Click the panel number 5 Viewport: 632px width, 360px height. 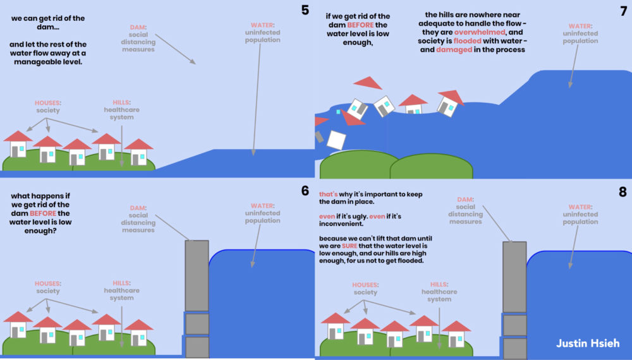pos(306,11)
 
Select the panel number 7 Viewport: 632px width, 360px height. pos(621,11)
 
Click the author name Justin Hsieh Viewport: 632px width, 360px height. pos(588,344)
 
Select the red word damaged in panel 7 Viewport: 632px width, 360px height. pos(454,50)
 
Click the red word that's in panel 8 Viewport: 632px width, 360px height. pos(328,195)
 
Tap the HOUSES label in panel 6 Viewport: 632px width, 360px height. pos(47,284)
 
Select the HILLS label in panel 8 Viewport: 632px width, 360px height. pos(438,284)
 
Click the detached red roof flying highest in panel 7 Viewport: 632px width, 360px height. pos(368,83)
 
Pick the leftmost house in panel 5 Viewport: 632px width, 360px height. pos(18,145)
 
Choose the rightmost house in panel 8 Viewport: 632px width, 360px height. pos(456,334)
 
